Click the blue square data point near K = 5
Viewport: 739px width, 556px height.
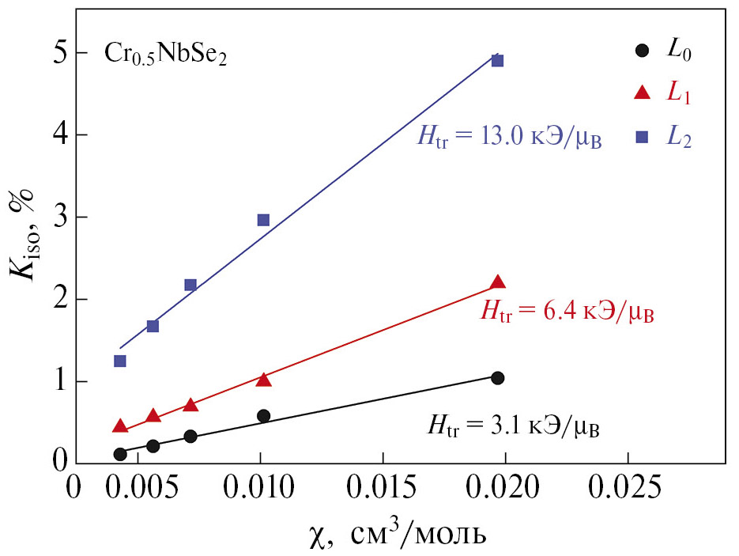click(497, 61)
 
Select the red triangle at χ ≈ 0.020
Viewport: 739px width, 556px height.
click(497, 282)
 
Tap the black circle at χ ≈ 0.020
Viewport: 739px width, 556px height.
click(497, 378)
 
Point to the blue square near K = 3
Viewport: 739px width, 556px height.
click(263, 220)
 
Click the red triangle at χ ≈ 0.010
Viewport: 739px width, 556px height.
click(263, 380)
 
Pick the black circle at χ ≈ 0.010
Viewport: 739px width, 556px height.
click(263, 416)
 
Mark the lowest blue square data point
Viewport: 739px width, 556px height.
click(120, 361)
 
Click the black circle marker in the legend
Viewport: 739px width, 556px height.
click(642, 51)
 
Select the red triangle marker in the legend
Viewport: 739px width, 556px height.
click(642, 93)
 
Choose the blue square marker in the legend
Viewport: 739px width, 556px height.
click(642, 137)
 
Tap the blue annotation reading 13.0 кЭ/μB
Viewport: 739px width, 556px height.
click(510, 139)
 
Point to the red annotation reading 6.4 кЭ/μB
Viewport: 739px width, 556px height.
click(567, 312)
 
